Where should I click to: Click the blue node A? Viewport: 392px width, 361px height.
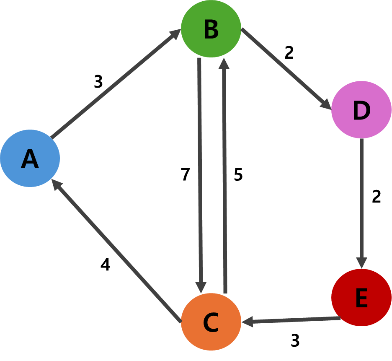pos(30,158)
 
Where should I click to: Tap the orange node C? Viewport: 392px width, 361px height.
pos(211,322)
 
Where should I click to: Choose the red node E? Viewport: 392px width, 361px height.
pos(361,297)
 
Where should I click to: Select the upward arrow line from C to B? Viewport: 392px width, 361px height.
pos(224,176)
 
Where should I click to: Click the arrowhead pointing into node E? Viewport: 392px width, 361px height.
pos(361,262)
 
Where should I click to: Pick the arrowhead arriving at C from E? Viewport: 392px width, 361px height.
pos(248,322)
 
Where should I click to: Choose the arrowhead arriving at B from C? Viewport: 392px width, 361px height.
pos(224,63)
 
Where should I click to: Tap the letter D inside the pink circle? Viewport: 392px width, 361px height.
pos(361,111)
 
